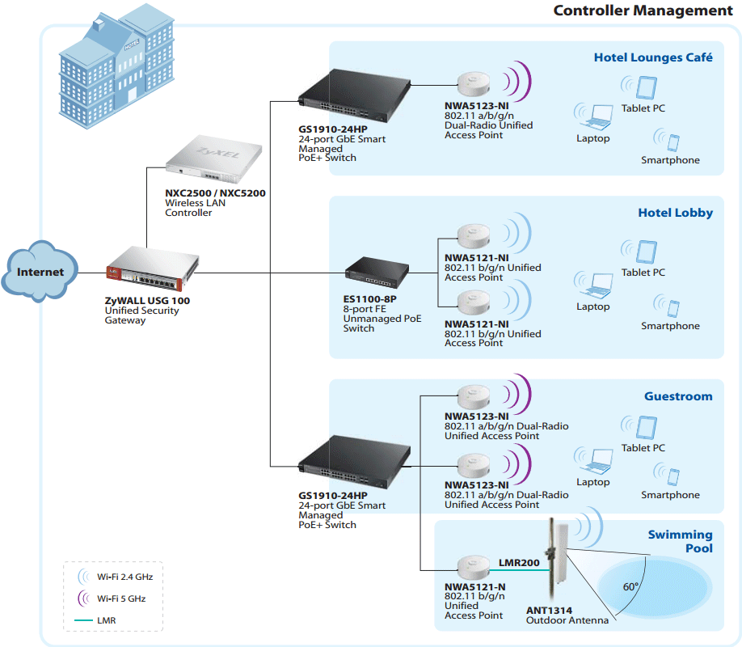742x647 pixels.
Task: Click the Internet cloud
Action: pos(40,272)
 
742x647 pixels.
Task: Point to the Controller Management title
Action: pos(643,11)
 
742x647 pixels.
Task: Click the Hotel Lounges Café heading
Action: pos(653,57)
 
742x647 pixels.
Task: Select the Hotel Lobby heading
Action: pos(675,213)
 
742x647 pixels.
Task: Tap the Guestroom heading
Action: pos(678,396)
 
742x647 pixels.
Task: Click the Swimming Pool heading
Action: pos(680,541)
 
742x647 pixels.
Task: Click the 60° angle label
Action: pos(630,586)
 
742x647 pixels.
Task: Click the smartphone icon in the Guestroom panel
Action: pos(672,476)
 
